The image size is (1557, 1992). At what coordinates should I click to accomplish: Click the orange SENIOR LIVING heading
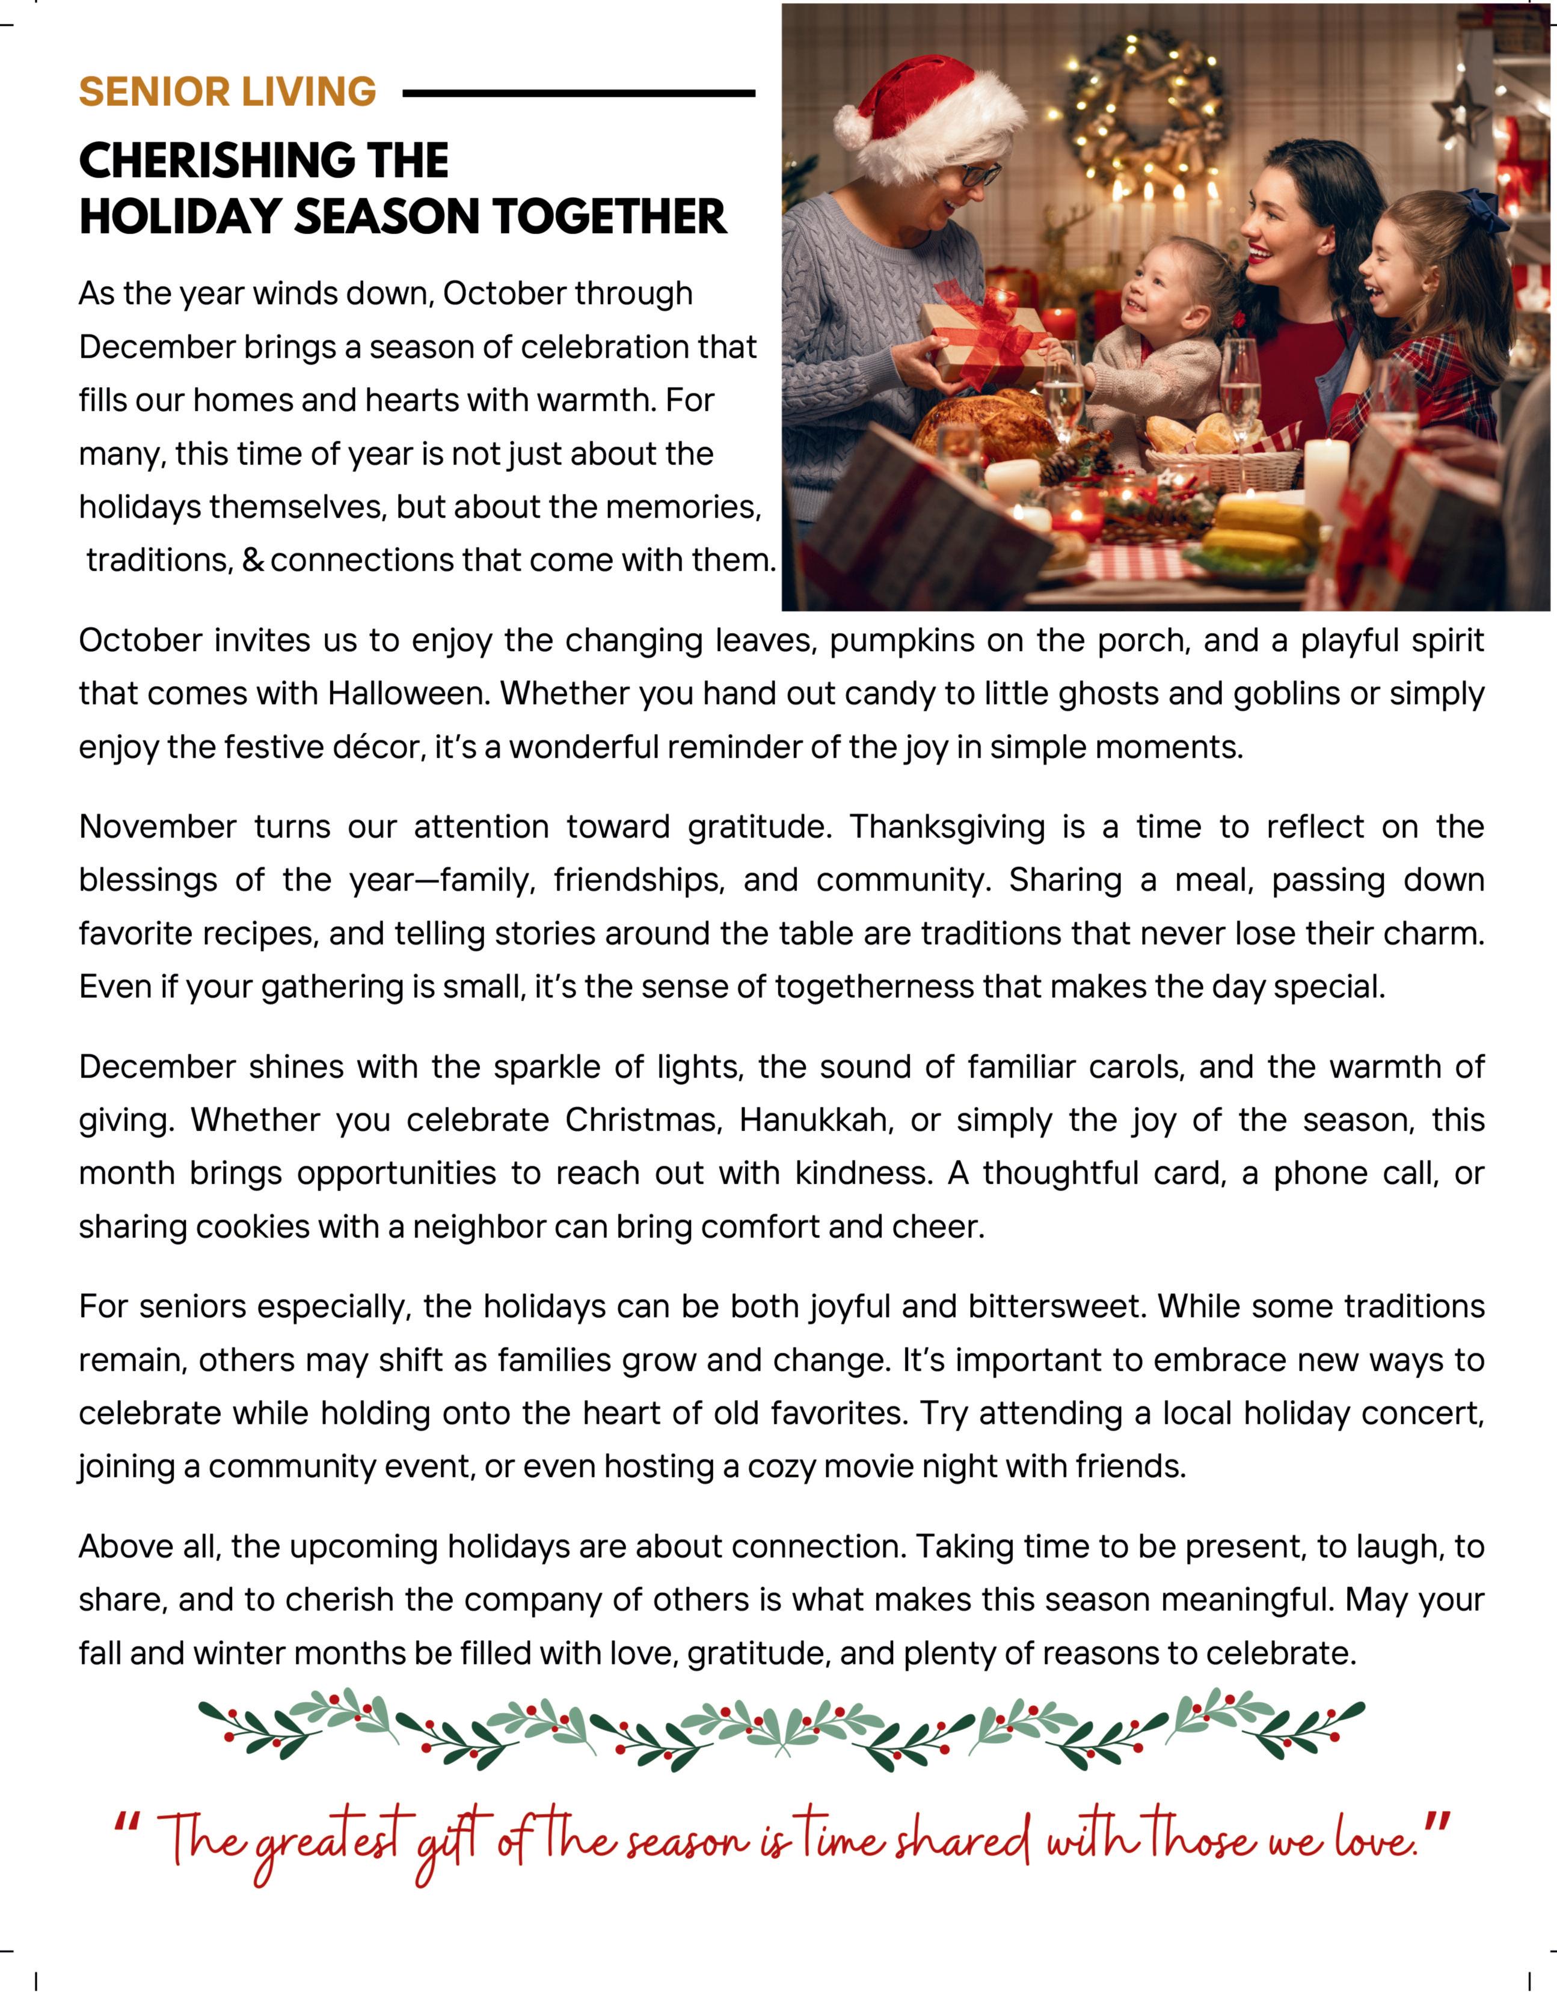click(x=227, y=92)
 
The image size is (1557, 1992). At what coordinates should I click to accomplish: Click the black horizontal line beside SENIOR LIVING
click(x=579, y=93)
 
